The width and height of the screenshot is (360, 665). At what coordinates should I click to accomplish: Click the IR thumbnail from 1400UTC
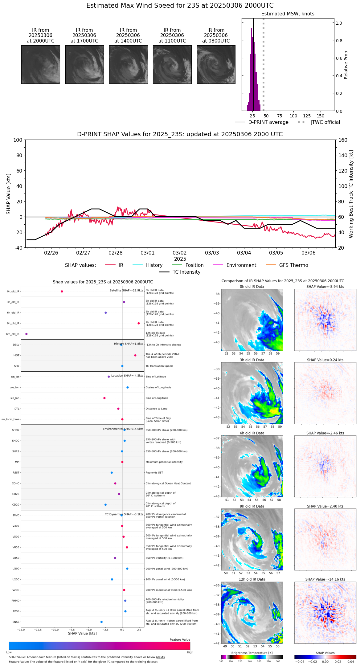(128, 64)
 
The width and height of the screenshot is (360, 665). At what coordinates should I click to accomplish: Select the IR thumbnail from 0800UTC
(216, 64)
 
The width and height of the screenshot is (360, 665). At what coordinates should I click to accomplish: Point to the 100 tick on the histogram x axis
(293, 116)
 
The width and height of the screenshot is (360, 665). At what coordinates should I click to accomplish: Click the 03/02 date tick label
(180, 253)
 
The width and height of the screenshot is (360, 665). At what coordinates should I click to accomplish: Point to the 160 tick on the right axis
(343, 140)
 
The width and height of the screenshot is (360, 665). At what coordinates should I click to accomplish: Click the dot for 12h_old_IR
(27, 334)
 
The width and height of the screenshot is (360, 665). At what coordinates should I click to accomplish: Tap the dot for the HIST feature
(135, 355)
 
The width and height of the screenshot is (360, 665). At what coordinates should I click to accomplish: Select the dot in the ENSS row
(101, 622)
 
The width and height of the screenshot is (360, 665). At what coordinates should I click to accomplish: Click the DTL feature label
(17, 409)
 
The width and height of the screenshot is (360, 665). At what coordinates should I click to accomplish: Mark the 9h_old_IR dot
(139, 323)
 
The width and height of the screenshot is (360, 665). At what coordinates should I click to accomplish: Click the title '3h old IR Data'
(252, 360)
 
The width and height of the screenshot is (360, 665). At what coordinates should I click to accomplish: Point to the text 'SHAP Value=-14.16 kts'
(325, 579)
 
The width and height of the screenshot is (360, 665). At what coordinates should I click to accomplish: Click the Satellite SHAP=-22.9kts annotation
(126, 291)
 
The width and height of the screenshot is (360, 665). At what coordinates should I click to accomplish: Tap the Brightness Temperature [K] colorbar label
(252, 653)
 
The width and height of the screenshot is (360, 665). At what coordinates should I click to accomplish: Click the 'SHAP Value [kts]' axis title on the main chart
(9, 194)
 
